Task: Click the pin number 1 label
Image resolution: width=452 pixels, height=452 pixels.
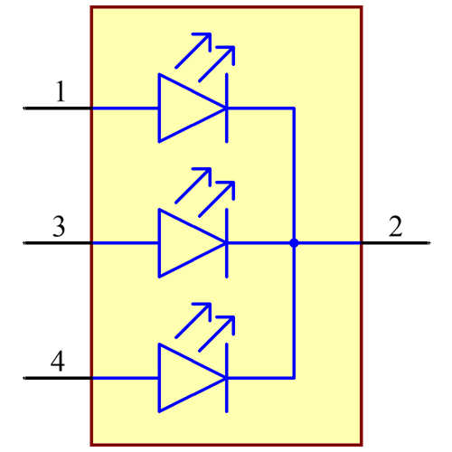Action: [x=60, y=91]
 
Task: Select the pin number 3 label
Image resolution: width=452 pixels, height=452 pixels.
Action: [x=58, y=227]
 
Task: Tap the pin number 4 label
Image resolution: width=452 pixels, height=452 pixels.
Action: [x=57, y=363]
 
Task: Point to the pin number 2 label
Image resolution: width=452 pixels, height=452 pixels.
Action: [x=395, y=227]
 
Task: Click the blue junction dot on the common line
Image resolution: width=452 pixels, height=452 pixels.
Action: [x=294, y=242]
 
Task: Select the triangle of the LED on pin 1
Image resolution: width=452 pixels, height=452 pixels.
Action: [x=185, y=108]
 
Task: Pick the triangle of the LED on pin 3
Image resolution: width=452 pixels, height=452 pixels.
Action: [x=185, y=242]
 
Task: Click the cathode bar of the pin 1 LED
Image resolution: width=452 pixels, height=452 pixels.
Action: [x=226, y=108]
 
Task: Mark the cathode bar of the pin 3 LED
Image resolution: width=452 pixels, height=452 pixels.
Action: [x=226, y=242]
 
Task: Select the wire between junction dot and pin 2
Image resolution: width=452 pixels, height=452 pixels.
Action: [x=328, y=242]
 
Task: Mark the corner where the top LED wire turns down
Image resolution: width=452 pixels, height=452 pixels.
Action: [x=294, y=108]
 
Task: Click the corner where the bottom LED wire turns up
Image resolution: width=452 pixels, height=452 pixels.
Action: [x=294, y=377]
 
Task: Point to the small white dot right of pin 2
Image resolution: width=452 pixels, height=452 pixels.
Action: [x=428, y=242]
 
